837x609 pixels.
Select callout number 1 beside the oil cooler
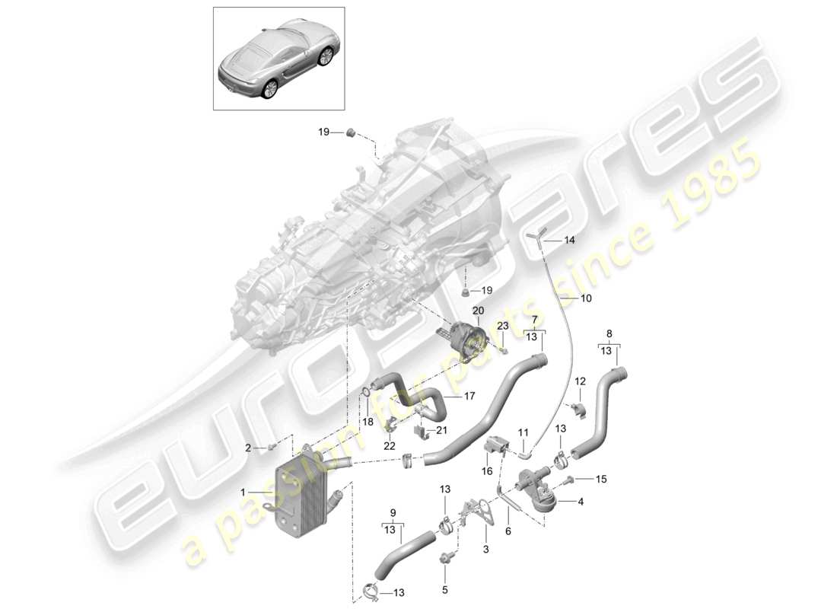coord(243,493)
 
